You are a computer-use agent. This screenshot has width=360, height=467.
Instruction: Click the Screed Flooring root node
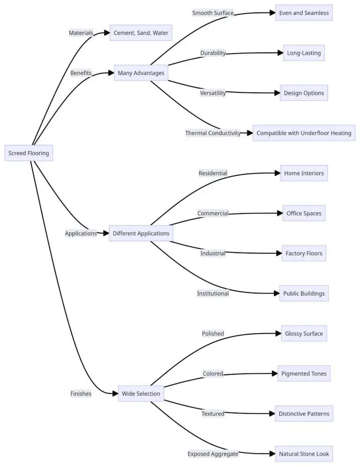click(29, 153)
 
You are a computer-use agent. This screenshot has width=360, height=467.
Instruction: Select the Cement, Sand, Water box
click(141, 33)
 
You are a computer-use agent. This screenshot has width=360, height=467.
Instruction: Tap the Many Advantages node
click(141, 73)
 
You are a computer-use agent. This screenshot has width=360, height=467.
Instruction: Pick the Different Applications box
click(141, 233)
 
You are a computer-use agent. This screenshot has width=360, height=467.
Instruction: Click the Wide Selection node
click(141, 393)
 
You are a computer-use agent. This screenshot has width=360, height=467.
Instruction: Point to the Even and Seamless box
click(304, 13)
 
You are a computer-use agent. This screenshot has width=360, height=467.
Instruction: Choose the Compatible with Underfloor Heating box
click(304, 133)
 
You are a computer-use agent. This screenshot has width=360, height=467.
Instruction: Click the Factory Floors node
click(304, 253)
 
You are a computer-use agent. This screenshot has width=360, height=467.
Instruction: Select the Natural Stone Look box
click(304, 453)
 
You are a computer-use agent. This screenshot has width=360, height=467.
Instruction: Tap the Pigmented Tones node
click(304, 374)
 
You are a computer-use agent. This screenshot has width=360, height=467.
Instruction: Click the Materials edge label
click(81, 33)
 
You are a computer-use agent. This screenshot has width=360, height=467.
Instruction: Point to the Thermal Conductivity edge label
click(212, 133)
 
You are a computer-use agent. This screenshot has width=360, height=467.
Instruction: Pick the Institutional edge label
click(213, 294)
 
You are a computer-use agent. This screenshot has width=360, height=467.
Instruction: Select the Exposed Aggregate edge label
click(213, 453)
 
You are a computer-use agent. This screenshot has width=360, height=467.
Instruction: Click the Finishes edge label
click(81, 393)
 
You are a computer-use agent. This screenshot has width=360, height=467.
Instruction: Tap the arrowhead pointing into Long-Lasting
click(280, 53)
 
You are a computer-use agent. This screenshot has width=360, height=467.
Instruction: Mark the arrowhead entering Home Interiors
click(277, 173)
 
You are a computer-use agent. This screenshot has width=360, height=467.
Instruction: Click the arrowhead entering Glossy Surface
click(278, 334)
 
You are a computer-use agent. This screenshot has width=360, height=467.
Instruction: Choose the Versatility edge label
click(213, 93)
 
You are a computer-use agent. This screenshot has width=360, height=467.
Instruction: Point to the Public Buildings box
click(304, 294)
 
